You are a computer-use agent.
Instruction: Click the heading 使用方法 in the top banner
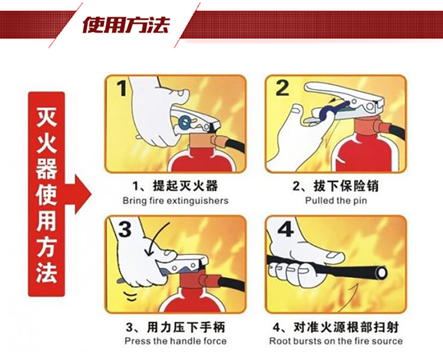(x=126, y=25)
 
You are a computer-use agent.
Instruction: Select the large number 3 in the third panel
(x=125, y=229)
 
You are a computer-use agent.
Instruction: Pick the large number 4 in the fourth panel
(x=285, y=229)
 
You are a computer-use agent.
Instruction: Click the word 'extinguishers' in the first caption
(x=197, y=201)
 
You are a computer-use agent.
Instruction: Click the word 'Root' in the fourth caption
(x=279, y=340)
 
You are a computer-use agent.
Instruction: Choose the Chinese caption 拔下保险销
(x=346, y=186)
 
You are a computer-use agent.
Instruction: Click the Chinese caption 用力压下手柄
(x=186, y=327)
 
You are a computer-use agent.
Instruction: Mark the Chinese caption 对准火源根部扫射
(x=346, y=327)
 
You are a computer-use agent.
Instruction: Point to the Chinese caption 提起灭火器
(x=185, y=186)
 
